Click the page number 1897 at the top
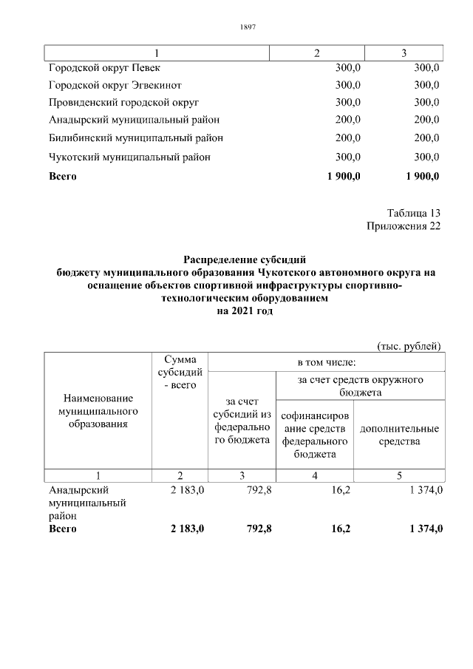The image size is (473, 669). (248, 27)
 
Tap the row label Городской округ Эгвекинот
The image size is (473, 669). (115, 85)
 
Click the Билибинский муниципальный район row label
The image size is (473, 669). (136, 137)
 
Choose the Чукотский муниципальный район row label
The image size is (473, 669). (129, 157)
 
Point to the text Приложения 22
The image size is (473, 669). (403, 226)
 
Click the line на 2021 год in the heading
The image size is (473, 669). (244, 312)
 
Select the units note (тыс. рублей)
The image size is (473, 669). (409, 345)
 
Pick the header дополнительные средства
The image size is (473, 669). (398, 435)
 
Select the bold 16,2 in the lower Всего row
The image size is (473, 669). (336, 529)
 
